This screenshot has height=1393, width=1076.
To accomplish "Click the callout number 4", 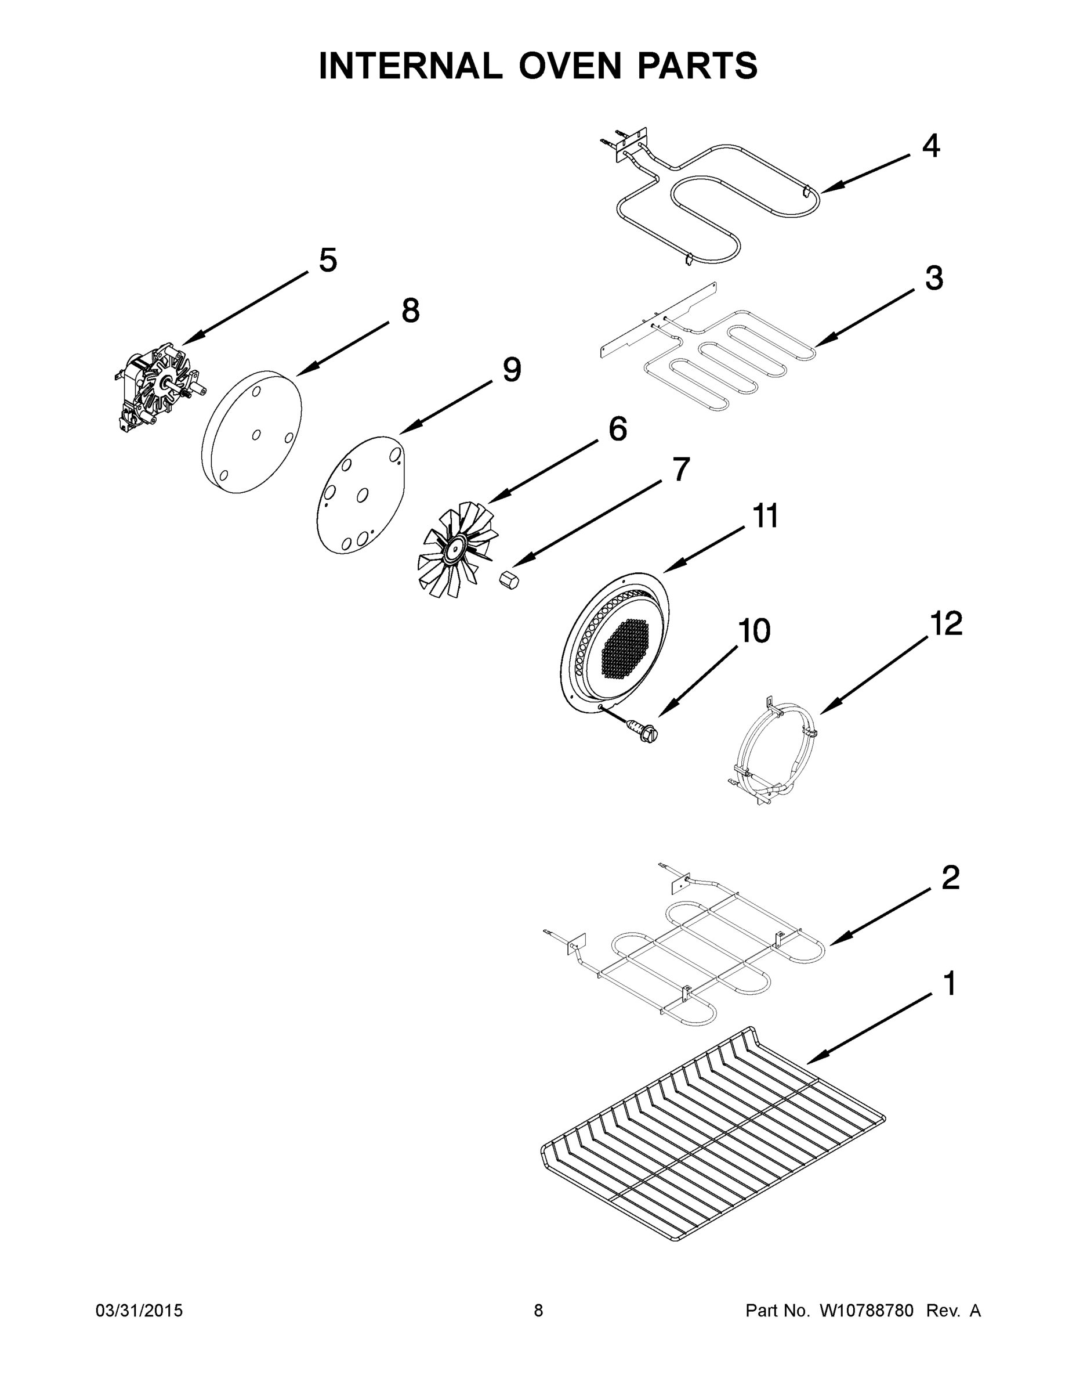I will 930,147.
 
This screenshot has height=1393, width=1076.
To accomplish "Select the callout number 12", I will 945,623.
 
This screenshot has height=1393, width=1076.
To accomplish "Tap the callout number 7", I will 681,470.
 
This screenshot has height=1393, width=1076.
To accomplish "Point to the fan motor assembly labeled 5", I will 160,389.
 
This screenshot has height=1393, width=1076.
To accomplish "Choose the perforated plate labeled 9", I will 361,495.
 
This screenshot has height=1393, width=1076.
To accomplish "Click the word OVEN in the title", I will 569,66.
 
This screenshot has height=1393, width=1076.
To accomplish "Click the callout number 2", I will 950,878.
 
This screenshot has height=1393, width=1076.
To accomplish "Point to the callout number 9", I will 511,370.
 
